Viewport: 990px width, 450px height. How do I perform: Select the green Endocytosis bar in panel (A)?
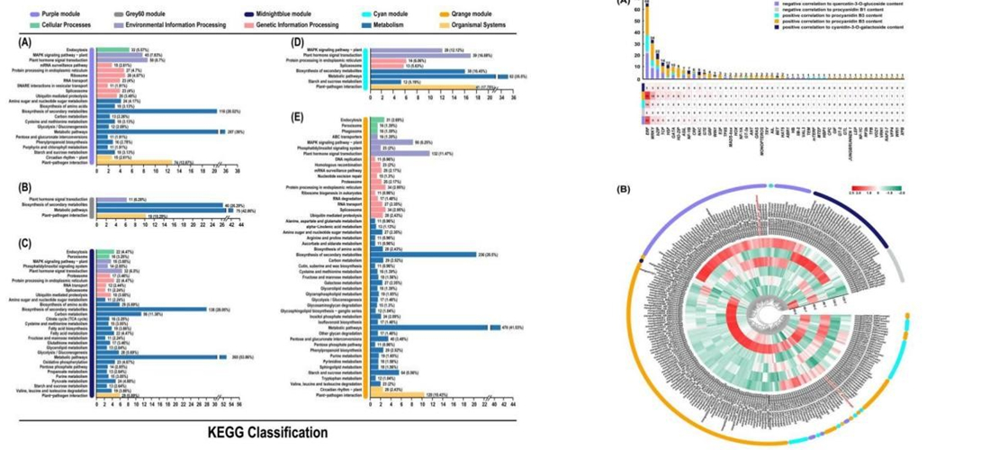[112, 49]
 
